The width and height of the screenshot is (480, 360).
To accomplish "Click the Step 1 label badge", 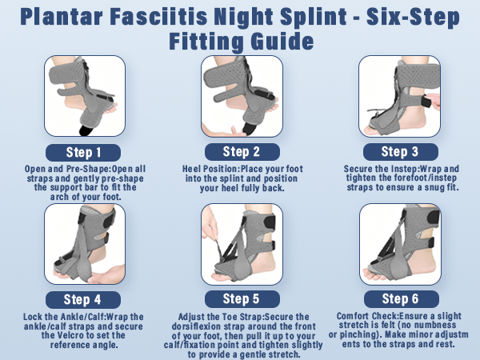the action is click(83, 153).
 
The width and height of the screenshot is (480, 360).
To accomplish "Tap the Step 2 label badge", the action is click(242, 152).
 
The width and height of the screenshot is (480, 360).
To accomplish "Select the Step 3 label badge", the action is click(401, 152).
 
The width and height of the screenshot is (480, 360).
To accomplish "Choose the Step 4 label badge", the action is click(83, 300).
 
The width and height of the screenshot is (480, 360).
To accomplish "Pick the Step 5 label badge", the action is click(242, 299).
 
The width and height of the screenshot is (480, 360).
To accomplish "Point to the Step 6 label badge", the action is click(402, 299).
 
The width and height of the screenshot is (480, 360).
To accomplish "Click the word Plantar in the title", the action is click(62, 17).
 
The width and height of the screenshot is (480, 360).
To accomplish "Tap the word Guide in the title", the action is click(282, 42).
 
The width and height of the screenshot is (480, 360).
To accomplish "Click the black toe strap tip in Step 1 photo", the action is click(87, 130).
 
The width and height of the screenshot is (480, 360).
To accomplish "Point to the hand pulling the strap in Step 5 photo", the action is click(209, 223).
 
